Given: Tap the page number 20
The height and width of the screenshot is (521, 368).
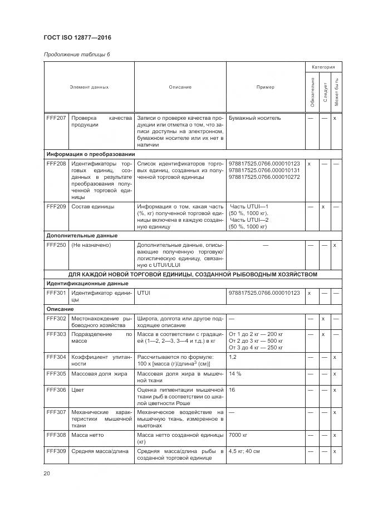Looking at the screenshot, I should (x=47, y=473).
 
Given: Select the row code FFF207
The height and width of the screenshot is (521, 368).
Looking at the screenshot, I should (x=56, y=118).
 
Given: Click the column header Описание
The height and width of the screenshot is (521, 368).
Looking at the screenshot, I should (x=180, y=87).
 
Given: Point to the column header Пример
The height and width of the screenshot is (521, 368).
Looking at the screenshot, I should (x=265, y=87).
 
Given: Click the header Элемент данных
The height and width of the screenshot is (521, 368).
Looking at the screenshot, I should (x=89, y=87).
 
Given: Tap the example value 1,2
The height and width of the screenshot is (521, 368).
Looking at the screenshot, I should (x=233, y=357).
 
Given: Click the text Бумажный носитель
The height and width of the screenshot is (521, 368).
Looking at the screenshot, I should (x=255, y=118).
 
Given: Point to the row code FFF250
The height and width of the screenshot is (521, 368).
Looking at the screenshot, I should (x=56, y=245).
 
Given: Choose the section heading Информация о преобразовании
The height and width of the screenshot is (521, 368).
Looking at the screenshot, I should (x=90, y=154).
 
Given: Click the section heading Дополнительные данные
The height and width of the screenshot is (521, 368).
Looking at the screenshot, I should (x=82, y=236).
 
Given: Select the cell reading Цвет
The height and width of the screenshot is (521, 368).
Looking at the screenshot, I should (x=77, y=390).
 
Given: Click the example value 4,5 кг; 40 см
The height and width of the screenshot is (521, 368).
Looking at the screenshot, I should (x=244, y=451).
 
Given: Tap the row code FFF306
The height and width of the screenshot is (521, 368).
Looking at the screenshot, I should (x=56, y=390).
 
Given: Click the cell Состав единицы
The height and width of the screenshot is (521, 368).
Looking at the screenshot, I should (x=92, y=207).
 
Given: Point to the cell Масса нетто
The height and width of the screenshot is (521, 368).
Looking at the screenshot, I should (x=87, y=435).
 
